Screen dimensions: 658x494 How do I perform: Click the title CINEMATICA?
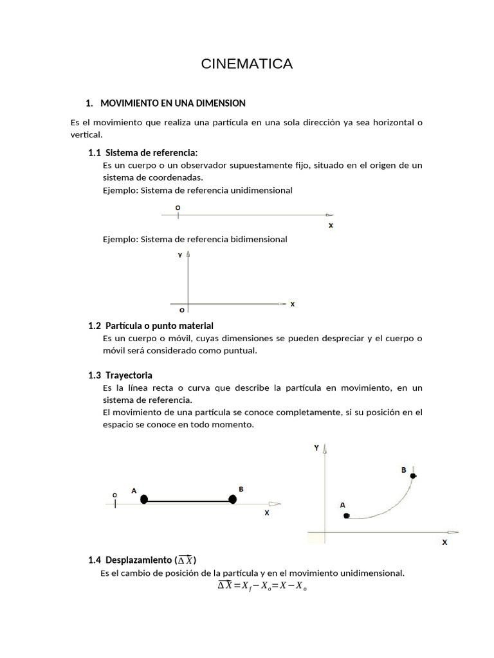point(246,64)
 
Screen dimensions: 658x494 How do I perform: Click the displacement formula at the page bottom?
point(262,585)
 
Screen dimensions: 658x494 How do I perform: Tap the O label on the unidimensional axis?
point(178,208)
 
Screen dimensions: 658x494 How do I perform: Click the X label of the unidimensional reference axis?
point(331,226)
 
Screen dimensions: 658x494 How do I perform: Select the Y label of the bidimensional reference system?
point(180,256)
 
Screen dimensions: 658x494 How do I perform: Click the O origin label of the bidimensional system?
point(182,310)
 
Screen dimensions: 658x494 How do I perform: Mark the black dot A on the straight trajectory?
point(144,499)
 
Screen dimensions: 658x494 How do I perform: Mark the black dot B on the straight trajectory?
point(233,499)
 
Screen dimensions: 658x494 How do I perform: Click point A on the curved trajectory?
point(346,515)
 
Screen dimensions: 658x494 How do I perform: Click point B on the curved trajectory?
point(413,476)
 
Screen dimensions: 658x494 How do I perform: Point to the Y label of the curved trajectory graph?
point(316,448)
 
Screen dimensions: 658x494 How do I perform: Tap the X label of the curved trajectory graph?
point(444,542)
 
